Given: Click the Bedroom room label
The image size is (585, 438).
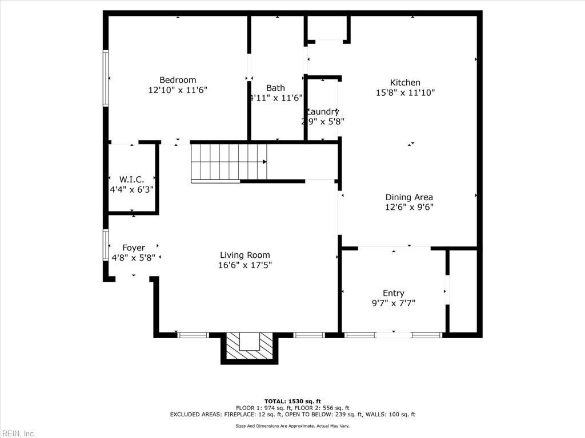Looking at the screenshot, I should coord(177,80).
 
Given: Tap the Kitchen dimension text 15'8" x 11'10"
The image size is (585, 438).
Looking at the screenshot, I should coord(405,92).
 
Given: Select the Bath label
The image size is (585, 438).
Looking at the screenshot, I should coord(275,88).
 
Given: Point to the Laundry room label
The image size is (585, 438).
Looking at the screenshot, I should coord(323,112).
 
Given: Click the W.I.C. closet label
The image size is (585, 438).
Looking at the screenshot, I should coord(131,180).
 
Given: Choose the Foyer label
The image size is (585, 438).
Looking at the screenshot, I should coord(134,248).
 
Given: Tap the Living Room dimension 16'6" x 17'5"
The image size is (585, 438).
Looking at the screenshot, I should coord(245,265).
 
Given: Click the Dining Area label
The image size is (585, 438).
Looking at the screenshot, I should coord(409,197).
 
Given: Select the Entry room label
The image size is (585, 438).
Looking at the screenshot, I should coord(393,294).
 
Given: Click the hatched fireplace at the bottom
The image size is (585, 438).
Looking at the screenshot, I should coord(249,347).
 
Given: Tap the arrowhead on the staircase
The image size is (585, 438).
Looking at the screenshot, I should coord(265,161).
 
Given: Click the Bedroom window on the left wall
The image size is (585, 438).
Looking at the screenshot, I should coord(106,78).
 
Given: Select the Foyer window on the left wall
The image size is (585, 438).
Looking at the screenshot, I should coord(106,245).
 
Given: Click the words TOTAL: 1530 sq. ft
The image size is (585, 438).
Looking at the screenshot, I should coord(292,401).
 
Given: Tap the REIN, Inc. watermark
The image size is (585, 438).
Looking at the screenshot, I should coord(18,433).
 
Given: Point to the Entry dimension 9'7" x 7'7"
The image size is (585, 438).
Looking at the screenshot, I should coord(393,303).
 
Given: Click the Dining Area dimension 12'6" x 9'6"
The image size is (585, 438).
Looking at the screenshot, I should coord(409,207).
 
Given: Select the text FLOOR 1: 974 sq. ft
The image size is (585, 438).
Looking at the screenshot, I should coord(270,408).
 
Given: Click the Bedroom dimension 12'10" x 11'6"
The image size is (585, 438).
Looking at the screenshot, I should coord(177,90).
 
